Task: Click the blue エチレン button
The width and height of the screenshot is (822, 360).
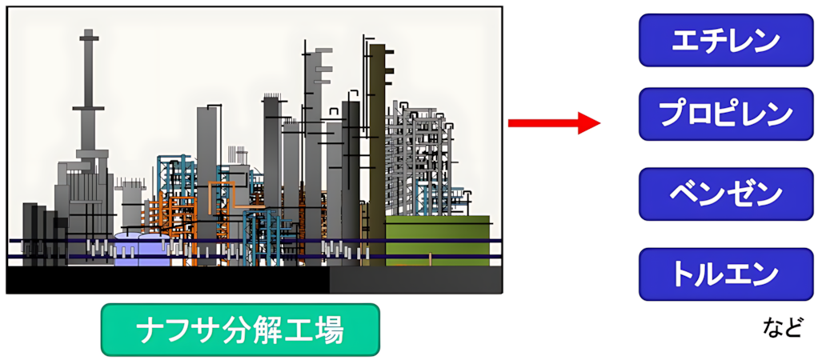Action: coord(725,40)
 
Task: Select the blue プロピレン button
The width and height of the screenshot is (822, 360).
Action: coord(725,114)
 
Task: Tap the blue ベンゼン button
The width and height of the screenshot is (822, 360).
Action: coord(725,194)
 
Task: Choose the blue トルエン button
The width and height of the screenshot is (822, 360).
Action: coord(725,274)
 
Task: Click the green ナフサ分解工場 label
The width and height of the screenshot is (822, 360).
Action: coord(240,330)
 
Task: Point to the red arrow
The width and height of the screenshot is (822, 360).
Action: coord(554,123)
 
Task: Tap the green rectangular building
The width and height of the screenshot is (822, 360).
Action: coord(438,241)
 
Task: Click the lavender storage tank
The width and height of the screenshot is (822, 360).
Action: coord(142,250)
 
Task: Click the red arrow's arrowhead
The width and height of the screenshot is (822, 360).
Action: coord(589,123)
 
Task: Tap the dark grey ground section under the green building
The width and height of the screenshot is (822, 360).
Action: coord(415,280)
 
